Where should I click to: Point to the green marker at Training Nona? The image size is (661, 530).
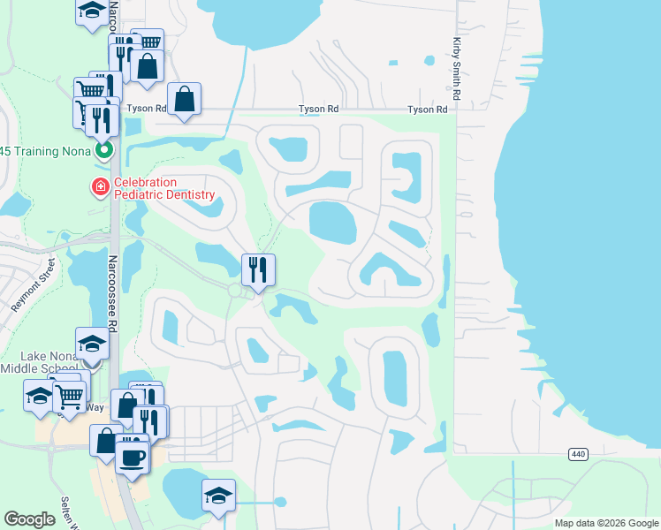pyautogui.click(x=105, y=150)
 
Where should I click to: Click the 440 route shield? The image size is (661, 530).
pyautogui.click(x=577, y=454)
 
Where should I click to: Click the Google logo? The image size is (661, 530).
pyautogui.click(x=30, y=519)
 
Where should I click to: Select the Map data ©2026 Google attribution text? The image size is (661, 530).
pyautogui.click(x=605, y=523)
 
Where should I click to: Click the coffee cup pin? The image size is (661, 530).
pyautogui.click(x=133, y=457)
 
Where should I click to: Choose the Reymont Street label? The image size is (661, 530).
pyautogui.click(x=33, y=285)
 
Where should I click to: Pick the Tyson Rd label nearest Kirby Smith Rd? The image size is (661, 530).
pyautogui.click(x=427, y=110)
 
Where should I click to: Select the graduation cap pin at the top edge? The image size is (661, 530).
pyautogui.click(x=92, y=11)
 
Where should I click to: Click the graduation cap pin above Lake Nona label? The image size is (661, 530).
pyautogui.click(x=92, y=343)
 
